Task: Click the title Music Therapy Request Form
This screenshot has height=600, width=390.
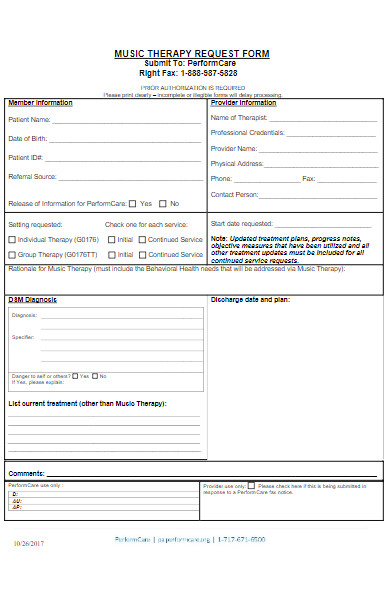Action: (x=192, y=53)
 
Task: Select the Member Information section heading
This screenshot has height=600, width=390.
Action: (x=40, y=102)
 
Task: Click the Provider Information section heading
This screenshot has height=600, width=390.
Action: (x=243, y=102)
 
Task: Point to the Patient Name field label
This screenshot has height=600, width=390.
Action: (x=30, y=120)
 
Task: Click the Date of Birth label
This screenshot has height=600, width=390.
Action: (x=29, y=138)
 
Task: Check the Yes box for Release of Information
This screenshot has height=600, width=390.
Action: (x=133, y=203)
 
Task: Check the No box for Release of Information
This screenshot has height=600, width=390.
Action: (x=162, y=203)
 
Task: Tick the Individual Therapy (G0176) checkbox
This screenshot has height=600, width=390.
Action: (x=12, y=240)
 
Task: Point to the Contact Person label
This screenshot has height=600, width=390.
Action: (x=234, y=194)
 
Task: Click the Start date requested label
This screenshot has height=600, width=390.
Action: (x=241, y=223)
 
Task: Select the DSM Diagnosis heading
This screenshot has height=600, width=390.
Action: (x=32, y=299)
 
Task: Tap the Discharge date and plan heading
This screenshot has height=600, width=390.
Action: (x=249, y=299)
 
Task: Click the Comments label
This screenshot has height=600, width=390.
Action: (x=26, y=473)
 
